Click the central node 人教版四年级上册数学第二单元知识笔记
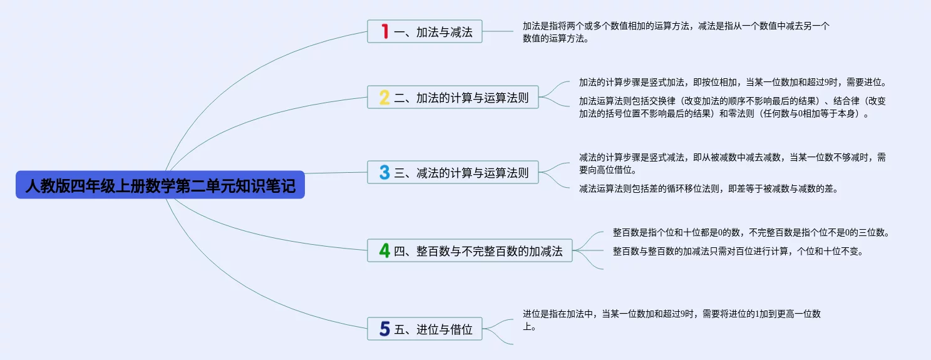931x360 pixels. (160, 185)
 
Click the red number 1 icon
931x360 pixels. (385, 31)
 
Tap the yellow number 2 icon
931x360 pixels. (384, 98)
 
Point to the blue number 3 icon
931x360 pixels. (384, 173)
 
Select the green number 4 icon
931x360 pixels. (384, 251)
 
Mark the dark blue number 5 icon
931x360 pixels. (384, 329)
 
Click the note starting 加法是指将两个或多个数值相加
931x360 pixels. (676, 32)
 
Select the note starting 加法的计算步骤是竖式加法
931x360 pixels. (733, 82)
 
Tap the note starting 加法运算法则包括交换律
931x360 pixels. (733, 107)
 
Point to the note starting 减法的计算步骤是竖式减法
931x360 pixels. (733, 163)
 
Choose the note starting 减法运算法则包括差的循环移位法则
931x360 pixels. (708, 188)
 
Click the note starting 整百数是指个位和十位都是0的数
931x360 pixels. (751, 232)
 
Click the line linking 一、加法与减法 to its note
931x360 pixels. (498, 31)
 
